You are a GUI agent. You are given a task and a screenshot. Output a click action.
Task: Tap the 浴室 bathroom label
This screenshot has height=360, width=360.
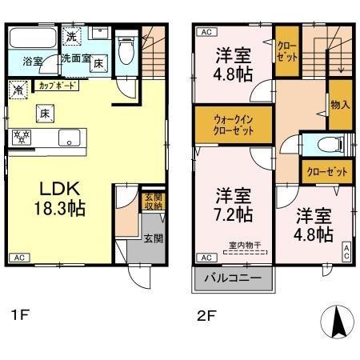[x=33, y=61]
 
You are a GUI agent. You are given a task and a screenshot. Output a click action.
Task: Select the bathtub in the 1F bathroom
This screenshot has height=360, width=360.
[x=31, y=38]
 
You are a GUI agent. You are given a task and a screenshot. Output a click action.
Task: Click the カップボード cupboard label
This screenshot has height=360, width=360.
[x=56, y=82]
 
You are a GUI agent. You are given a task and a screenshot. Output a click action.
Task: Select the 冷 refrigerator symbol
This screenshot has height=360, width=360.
[x=18, y=90]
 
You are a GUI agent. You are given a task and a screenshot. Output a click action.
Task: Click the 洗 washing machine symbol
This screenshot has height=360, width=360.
[x=72, y=36]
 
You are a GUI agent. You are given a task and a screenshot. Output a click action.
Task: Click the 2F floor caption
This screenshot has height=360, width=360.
[x=206, y=314]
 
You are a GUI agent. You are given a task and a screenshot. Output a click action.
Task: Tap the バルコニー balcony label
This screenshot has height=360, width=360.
[x=233, y=281]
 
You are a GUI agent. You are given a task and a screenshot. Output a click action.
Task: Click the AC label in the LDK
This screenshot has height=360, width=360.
[x=18, y=258]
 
